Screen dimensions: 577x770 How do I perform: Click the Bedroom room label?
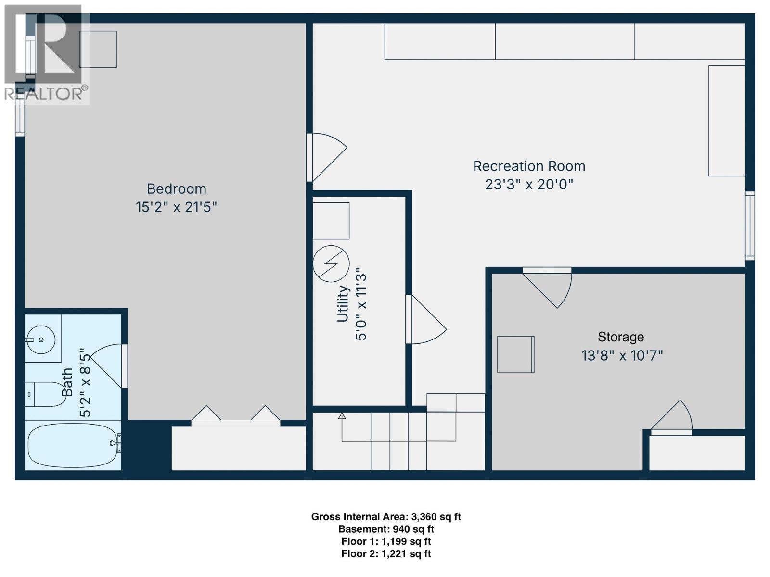176,188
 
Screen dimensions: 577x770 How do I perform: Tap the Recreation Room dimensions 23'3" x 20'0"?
529,184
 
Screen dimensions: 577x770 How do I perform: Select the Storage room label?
620,337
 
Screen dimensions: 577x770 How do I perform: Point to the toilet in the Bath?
44,394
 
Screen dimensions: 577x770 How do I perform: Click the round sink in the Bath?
41,339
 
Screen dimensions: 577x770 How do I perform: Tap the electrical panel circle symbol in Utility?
331,263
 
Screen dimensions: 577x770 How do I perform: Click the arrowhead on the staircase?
342,416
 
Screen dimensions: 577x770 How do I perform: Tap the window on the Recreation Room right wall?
750,226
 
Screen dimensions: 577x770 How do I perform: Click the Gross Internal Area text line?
386,517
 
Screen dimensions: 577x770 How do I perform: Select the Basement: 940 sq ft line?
386,529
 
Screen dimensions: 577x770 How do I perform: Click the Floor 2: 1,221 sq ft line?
386,554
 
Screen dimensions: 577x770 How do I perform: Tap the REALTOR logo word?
46,94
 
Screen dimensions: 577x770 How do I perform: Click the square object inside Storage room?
515,354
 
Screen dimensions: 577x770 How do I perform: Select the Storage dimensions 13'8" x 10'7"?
622,356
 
